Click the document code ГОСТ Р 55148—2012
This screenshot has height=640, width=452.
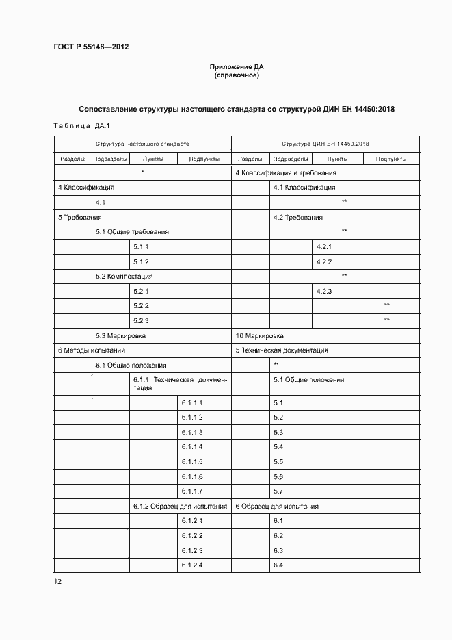(91, 47)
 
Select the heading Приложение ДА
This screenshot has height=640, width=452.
(236, 66)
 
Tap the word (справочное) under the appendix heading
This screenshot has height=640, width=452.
(236, 75)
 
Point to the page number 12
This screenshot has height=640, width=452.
(57, 581)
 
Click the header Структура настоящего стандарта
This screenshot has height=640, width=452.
(142, 144)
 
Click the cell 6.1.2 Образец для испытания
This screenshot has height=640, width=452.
(180, 507)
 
